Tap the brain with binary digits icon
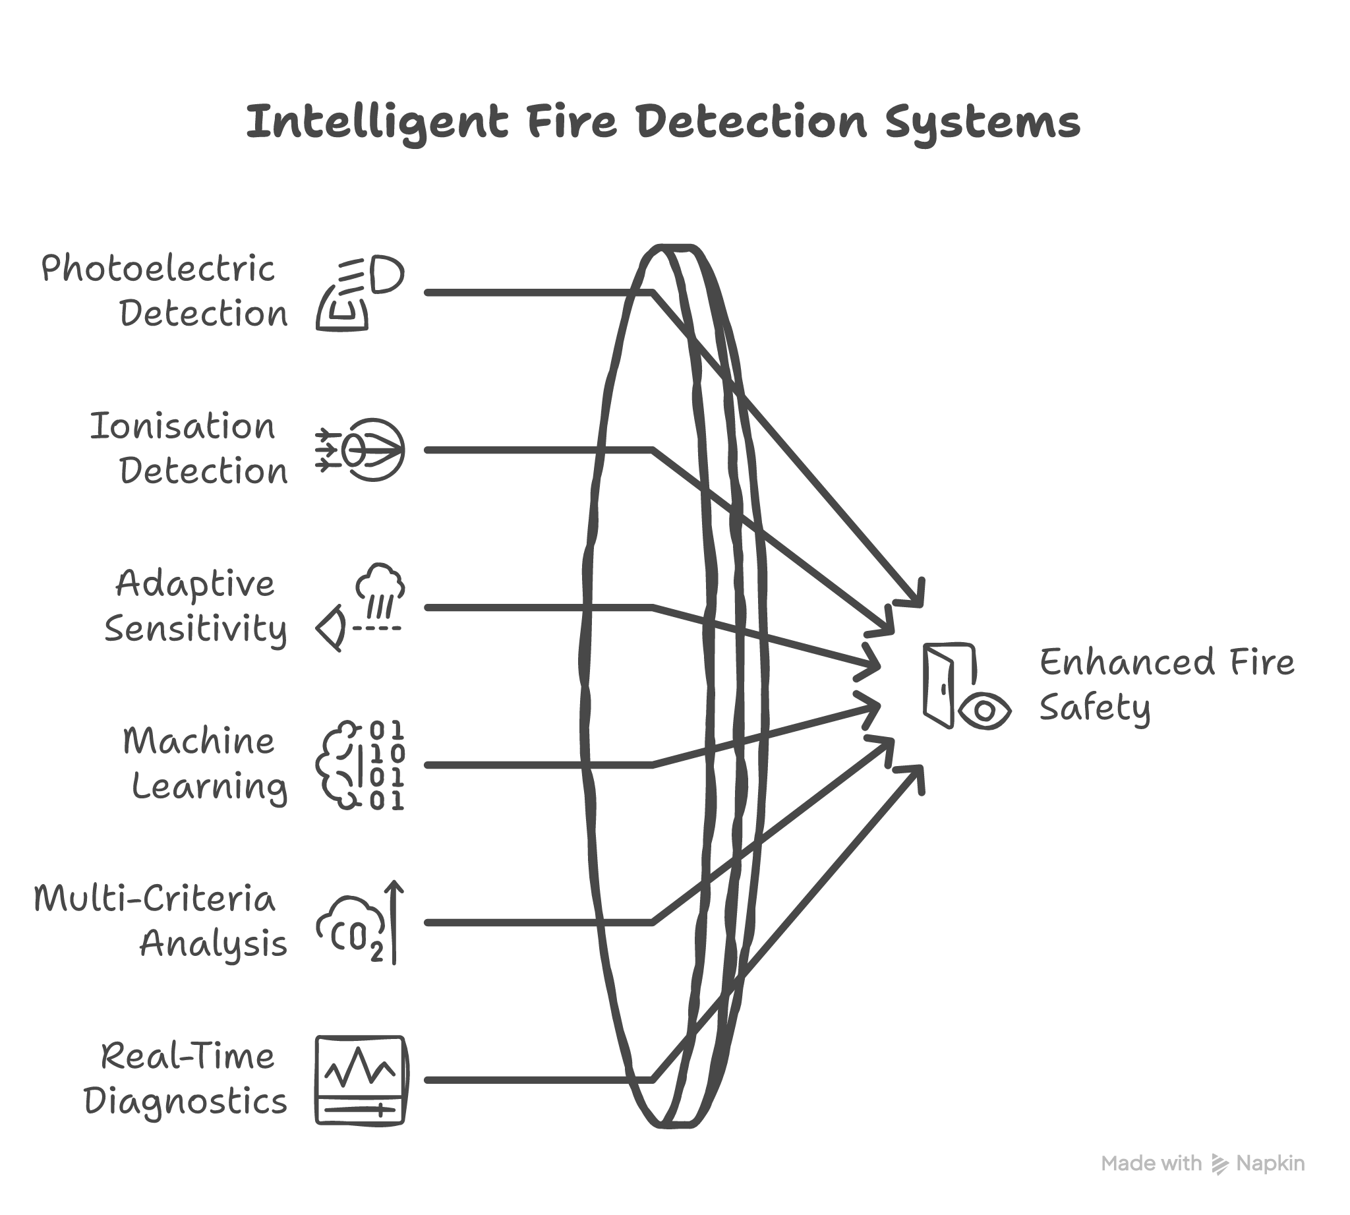(361, 765)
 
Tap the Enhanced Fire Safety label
(1165, 685)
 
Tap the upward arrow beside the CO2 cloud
(394, 921)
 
